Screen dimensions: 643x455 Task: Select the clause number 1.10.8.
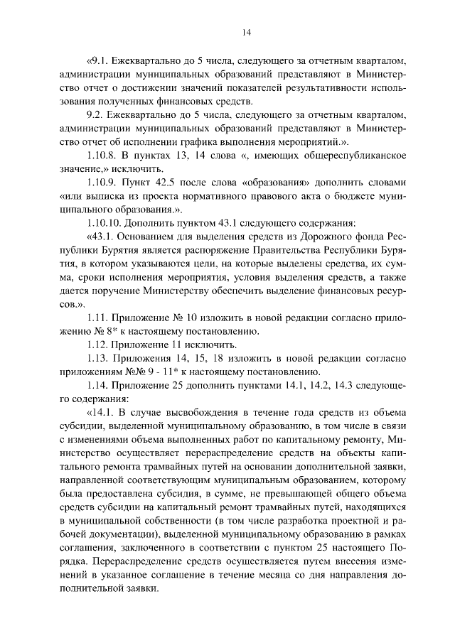pos(102,156)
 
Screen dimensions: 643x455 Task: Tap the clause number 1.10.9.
pos(102,183)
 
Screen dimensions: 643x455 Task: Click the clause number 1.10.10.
pos(105,223)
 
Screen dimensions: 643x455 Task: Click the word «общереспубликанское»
pos(353,156)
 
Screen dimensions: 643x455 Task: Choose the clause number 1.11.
pos(97,318)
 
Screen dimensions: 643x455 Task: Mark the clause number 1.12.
pos(97,345)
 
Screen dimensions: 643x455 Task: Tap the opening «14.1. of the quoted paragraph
pos(99,412)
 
